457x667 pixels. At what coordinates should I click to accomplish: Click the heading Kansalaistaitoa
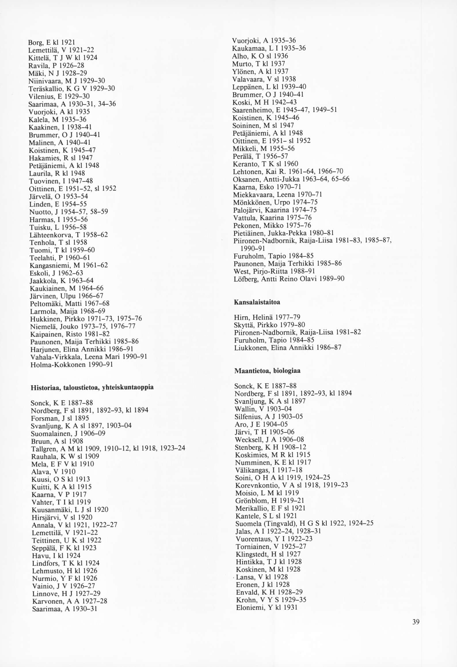click(x=257, y=302)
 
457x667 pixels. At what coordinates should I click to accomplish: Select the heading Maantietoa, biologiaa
click(x=267, y=371)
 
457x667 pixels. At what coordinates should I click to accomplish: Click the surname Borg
click(x=35, y=43)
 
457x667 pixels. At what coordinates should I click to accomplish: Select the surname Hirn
click(x=241, y=318)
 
